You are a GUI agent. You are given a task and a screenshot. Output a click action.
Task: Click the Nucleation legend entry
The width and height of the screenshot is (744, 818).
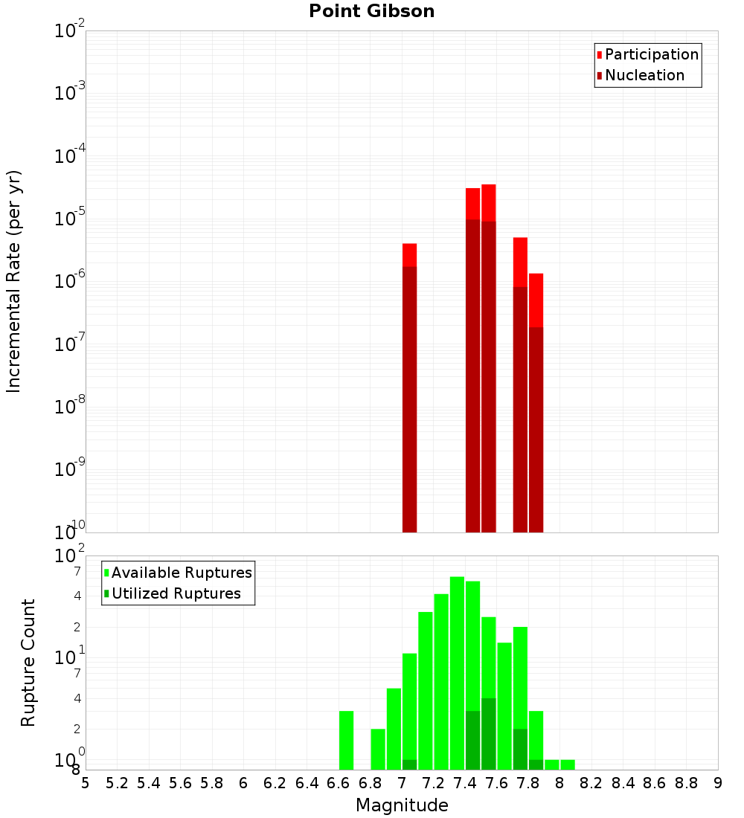[x=644, y=75]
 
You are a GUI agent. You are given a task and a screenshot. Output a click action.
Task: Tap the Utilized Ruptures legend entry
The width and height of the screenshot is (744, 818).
[x=176, y=593]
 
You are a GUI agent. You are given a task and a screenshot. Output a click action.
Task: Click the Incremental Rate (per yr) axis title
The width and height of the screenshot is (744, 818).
[x=14, y=281]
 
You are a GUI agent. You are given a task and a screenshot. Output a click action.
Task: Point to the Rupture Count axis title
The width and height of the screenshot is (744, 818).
[x=28, y=663]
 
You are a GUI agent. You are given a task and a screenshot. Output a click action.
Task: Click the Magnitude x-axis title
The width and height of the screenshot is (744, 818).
[x=402, y=805]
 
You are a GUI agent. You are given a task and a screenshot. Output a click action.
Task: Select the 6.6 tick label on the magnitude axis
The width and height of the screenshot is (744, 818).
[x=339, y=783]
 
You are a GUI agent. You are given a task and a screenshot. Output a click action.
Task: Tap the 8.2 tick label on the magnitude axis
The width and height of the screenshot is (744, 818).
[x=591, y=783]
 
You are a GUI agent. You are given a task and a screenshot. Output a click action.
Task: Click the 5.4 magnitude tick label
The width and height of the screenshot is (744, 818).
[x=149, y=783]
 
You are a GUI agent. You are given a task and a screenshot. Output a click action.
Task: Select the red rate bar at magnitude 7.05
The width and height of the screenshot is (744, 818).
[x=409, y=387]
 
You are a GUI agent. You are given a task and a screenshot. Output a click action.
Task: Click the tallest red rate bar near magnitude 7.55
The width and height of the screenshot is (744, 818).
[x=488, y=357]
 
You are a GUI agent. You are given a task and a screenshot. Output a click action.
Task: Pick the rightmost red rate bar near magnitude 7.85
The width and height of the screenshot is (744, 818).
[x=536, y=402]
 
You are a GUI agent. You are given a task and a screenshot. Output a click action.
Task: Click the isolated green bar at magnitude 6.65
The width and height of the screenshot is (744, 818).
[x=346, y=740]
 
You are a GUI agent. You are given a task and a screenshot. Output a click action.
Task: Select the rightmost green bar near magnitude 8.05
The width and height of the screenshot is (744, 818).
[x=568, y=764]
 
